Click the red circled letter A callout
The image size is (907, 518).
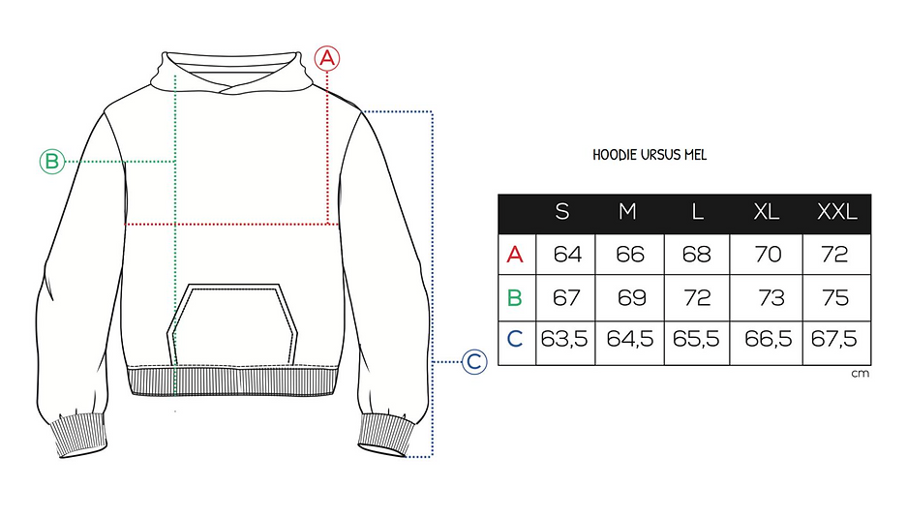click(327, 58)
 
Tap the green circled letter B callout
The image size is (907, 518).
click(52, 162)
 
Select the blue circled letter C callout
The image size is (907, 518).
click(474, 362)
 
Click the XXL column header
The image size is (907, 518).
click(836, 212)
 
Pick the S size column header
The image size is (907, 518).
click(562, 212)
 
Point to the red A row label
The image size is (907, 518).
click(515, 254)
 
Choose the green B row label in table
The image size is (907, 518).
click(514, 297)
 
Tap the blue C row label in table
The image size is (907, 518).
click(514, 339)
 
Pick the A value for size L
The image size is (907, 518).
click(696, 254)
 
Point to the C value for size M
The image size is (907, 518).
click(630, 339)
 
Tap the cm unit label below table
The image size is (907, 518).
click(861, 374)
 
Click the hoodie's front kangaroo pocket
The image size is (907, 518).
click(232, 324)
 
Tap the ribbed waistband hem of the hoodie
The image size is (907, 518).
click(232, 381)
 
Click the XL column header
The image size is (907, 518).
click(767, 212)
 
